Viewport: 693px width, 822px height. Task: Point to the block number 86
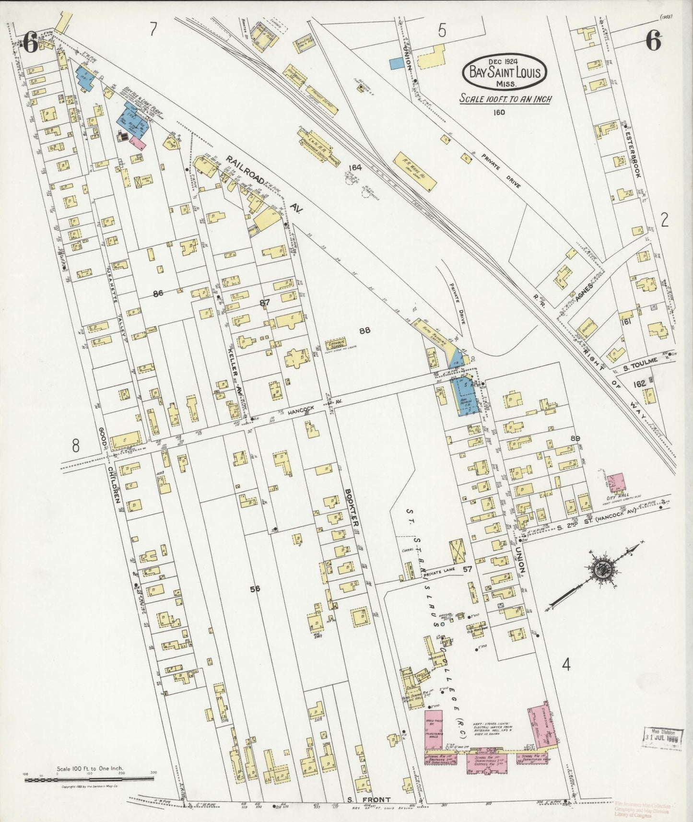[159, 294]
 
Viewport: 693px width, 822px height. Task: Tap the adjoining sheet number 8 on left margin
[75, 446]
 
